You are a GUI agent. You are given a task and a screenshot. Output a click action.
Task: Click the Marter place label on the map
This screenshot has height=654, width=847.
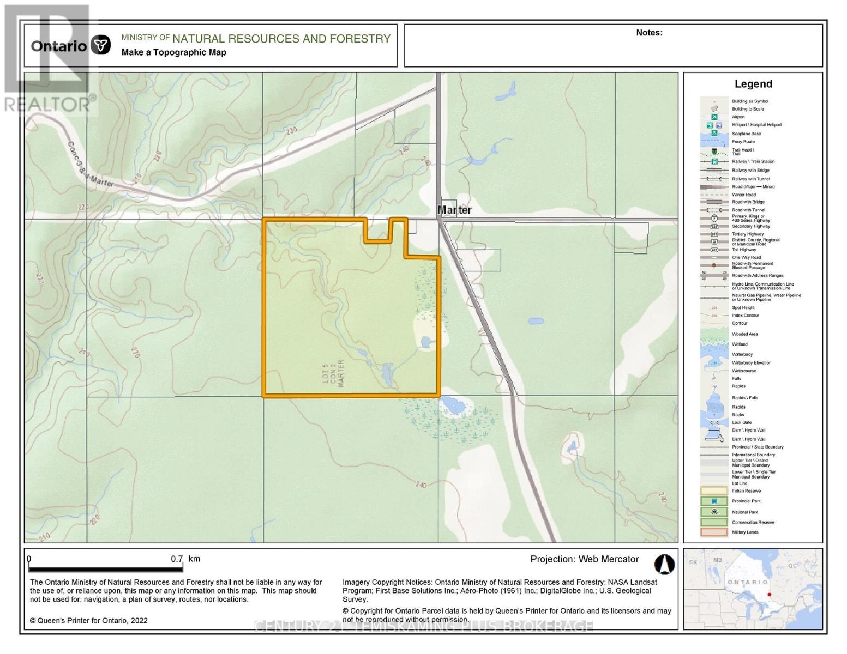pos(454,210)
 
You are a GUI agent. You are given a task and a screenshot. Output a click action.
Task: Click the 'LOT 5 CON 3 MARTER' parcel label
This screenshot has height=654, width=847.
pos(334,373)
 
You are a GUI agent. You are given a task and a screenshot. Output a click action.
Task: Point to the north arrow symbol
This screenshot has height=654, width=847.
pos(664,565)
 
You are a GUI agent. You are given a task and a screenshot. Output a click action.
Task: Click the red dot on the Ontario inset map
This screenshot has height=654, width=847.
pos(769,595)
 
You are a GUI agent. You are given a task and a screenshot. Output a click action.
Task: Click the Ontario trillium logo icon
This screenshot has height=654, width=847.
pos(101,45)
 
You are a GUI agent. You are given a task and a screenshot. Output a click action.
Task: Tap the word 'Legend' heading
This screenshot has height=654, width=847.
pos(753,84)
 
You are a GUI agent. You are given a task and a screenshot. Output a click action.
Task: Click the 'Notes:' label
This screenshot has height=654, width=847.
pos(649,33)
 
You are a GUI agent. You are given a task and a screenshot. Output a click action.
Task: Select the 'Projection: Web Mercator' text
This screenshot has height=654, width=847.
pos(584,559)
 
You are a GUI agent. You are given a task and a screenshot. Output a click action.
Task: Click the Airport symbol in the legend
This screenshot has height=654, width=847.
pos(714,117)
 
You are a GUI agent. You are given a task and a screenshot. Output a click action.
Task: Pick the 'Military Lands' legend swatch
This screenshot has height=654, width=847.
pos(714,532)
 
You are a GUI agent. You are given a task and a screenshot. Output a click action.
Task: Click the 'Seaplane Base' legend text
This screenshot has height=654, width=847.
pos(746,134)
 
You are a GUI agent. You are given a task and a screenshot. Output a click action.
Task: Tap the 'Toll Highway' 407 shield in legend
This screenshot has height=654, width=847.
pos(714,250)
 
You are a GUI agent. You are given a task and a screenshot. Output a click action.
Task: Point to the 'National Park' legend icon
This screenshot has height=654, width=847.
pos(714,512)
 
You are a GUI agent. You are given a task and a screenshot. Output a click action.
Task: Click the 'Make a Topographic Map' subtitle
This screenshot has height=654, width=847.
pos(173,52)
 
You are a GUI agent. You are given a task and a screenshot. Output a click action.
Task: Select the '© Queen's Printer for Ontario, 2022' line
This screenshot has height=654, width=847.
pos(88,620)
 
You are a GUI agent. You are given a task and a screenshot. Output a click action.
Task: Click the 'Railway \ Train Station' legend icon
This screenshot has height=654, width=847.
pos(714,162)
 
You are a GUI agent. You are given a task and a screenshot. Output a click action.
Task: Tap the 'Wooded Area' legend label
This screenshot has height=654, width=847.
pos(744,334)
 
